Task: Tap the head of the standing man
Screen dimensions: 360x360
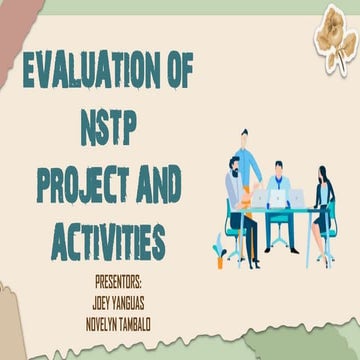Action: click(243, 136)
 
